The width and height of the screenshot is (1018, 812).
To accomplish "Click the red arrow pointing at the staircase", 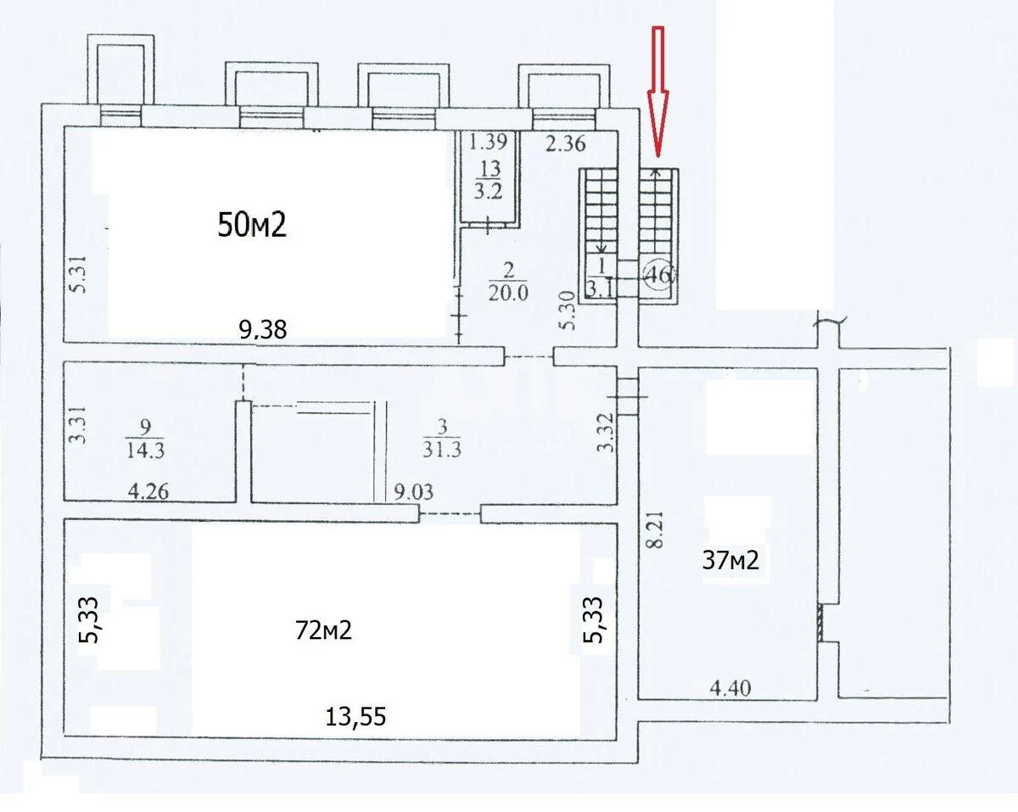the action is pyautogui.click(x=658, y=92).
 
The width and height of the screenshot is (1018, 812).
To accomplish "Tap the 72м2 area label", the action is pyautogui.click(x=323, y=630).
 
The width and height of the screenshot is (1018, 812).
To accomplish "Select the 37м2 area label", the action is pyautogui.click(x=730, y=561).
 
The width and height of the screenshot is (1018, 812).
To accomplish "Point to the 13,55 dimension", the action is pyautogui.click(x=355, y=716).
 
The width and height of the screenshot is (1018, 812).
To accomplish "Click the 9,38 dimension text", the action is pyautogui.click(x=263, y=329).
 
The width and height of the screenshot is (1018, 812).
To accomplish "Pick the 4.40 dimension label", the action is pyautogui.click(x=730, y=688).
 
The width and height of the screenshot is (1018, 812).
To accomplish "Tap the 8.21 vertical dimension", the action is pyautogui.click(x=657, y=529).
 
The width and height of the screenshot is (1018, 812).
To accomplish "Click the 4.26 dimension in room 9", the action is pyautogui.click(x=148, y=491).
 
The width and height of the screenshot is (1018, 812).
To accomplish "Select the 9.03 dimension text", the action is pyautogui.click(x=414, y=492).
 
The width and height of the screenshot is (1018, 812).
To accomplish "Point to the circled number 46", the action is pyautogui.click(x=658, y=275).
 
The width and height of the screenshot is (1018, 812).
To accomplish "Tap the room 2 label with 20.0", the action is pyautogui.click(x=508, y=282).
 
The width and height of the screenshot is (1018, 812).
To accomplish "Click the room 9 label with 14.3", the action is pyautogui.click(x=145, y=439).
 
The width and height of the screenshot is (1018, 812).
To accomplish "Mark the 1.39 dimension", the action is pyautogui.click(x=488, y=142).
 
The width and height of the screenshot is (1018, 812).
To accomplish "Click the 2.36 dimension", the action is pyautogui.click(x=566, y=143).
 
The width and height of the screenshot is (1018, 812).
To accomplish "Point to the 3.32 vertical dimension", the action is pyautogui.click(x=606, y=433).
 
